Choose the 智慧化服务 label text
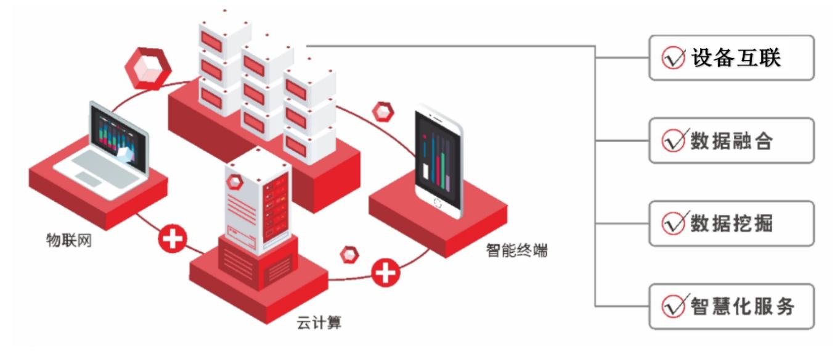(743, 306)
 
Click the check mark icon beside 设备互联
(672, 59)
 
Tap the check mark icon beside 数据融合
(672, 141)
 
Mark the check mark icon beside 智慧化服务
(672, 307)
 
